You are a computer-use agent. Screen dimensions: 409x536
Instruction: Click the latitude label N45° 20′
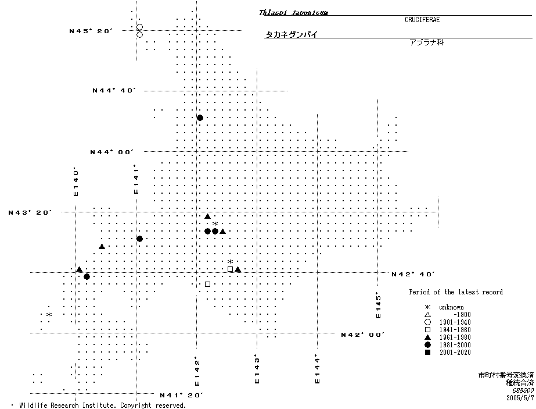coord(90,31)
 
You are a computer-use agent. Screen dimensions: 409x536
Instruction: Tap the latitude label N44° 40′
coord(114,90)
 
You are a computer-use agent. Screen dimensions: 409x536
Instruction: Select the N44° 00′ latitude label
coord(112,152)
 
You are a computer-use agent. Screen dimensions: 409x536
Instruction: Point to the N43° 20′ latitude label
coord(30,212)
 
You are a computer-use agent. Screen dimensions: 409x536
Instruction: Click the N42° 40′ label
coord(413,274)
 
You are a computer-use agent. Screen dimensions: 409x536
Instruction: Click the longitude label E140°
coord(75,182)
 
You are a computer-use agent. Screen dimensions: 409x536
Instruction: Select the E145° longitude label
coord(379,305)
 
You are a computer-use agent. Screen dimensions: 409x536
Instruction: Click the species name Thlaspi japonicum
coord(285,12)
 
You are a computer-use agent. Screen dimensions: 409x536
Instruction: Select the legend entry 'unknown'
coord(451,307)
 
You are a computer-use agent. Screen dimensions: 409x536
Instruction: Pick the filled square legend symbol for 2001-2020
coord(427,352)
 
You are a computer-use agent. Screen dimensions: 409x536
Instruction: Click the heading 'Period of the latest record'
coord(456,292)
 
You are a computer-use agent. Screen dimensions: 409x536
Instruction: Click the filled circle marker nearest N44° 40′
coord(200,118)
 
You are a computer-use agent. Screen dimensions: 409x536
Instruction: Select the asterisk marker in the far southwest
coord(49,315)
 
